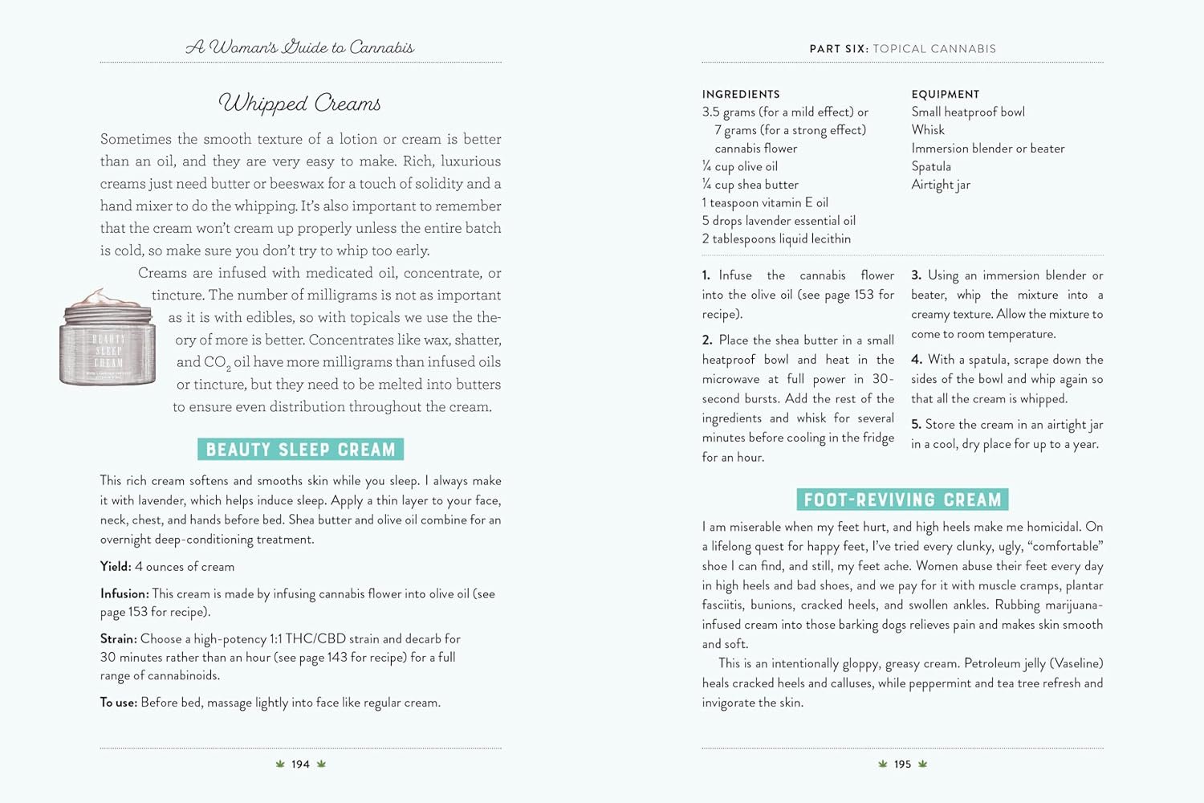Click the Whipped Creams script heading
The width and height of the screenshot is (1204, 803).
[299, 103]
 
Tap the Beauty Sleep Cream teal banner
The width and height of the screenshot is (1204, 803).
[300, 449]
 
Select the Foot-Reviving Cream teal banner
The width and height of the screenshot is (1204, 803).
[902, 499]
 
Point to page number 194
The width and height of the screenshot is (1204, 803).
[300, 764]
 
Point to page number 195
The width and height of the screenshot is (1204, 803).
[903, 764]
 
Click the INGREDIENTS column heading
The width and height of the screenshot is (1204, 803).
[741, 94]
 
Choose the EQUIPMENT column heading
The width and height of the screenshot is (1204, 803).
[946, 94]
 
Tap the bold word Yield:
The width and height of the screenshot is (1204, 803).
[116, 567]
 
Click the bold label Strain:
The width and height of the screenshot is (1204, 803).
[118, 639]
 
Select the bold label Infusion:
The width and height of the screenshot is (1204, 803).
[124, 594]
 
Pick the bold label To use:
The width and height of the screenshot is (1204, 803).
[118, 703]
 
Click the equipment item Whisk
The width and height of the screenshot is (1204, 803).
[928, 130]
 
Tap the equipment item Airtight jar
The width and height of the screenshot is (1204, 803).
[941, 185]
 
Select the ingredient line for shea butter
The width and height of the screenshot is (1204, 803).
[750, 185]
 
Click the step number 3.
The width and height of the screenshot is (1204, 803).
[916, 275]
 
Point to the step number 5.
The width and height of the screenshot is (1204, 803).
[916, 425]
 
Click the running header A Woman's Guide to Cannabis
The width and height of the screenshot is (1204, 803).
[300, 47]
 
